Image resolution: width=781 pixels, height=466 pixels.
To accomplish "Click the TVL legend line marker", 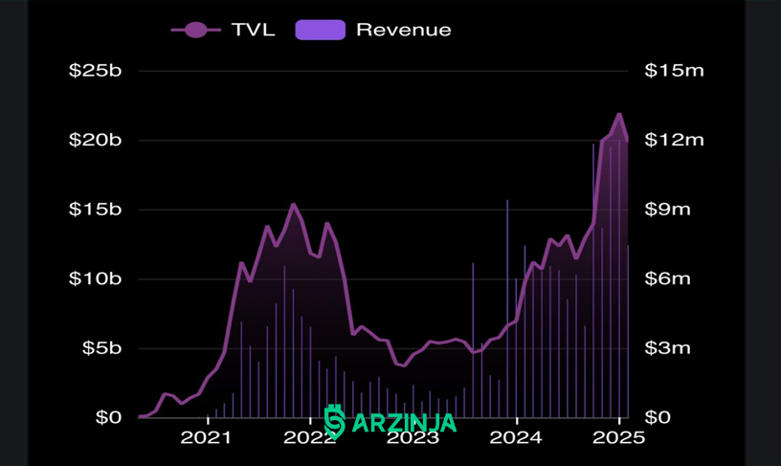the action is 196,30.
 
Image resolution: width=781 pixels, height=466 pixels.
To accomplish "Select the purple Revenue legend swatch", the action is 321,30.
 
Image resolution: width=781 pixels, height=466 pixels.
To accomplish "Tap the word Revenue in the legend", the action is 404,30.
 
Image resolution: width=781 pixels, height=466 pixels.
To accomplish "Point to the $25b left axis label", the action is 95,71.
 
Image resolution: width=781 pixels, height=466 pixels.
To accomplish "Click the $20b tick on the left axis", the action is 95,140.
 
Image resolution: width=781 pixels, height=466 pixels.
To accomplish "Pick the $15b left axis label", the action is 95,210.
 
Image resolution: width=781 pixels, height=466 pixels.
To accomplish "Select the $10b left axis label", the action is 95,278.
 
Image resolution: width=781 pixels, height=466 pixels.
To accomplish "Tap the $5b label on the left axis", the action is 101,348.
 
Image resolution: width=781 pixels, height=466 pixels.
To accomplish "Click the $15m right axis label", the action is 675,71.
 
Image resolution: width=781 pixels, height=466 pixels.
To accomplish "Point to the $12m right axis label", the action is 675,140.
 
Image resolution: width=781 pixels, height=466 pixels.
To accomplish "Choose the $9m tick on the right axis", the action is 668,210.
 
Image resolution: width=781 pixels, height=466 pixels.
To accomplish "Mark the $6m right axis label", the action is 668,278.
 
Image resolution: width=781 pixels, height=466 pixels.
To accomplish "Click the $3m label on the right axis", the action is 668,348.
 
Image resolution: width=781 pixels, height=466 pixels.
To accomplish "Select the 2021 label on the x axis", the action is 206,437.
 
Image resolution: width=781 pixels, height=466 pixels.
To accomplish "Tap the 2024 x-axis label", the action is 516,437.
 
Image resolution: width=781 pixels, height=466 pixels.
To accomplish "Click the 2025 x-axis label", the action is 618,437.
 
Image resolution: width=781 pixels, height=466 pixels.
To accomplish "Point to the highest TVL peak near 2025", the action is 619,115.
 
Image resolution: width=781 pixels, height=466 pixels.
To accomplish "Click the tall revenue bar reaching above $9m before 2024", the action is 507,309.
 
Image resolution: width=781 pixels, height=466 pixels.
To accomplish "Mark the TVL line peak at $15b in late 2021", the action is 293,204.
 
